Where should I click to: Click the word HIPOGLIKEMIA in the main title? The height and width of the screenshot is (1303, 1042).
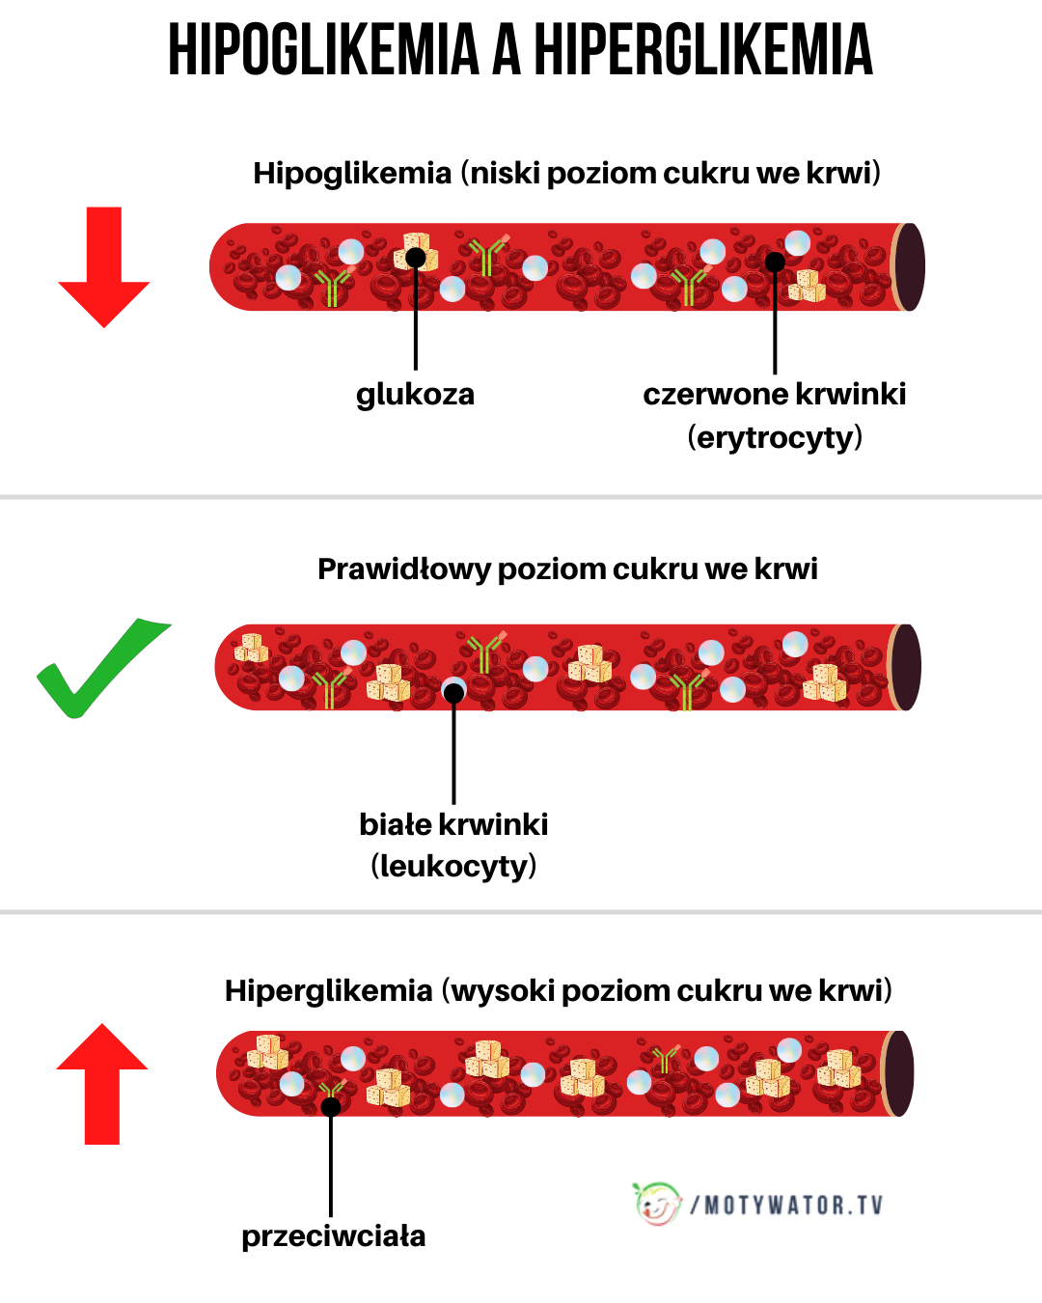coord(323,50)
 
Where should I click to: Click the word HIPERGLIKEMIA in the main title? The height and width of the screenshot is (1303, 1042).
coord(703,50)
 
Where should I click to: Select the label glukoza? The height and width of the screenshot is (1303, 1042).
coord(415,394)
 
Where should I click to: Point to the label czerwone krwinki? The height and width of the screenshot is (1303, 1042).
coord(774,394)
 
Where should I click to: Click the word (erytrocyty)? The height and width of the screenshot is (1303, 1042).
coord(774,437)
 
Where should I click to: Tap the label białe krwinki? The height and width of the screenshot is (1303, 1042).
coord(453,824)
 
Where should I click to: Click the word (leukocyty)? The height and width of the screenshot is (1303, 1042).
coord(453,866)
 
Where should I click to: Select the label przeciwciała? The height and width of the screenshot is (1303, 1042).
coord(333,1235)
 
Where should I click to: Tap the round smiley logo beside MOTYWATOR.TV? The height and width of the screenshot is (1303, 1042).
coord(658,1204)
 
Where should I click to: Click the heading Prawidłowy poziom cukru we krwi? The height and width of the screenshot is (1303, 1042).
coord(567,568)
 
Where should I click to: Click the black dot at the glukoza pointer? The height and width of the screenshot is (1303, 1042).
coord(416,258)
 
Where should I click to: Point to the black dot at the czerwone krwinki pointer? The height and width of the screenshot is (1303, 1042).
coord(775,262)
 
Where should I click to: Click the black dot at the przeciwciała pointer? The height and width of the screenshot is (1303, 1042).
coord(331,1106)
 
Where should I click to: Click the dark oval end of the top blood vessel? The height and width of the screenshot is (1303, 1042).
coord(909,267)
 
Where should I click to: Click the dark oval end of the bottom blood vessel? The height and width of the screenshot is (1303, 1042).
coord(899,1073)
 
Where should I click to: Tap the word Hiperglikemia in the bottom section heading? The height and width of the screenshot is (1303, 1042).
coord(328,990)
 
